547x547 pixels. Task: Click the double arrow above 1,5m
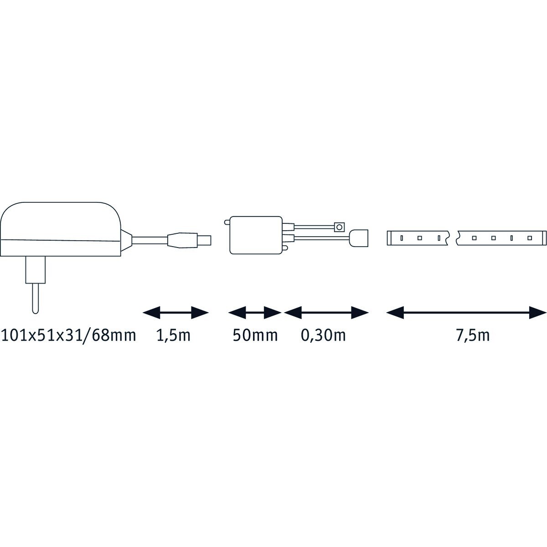click(x=175, y=313)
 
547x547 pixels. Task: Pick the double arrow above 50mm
click(x=255, y=313)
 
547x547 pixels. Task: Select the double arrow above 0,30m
click(x=326, y=313)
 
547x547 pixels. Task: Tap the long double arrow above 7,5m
click(x=466, y=313)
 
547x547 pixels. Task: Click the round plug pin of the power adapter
click(x=36, y=298)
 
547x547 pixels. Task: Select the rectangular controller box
click(x=256, y=235)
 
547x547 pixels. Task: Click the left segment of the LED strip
click(x=417, y=238)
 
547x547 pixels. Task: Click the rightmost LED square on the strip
click(x=529, y=238)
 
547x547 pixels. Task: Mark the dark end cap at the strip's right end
click(x=544, y=238)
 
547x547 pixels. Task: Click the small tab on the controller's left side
click(x=227, y=222)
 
